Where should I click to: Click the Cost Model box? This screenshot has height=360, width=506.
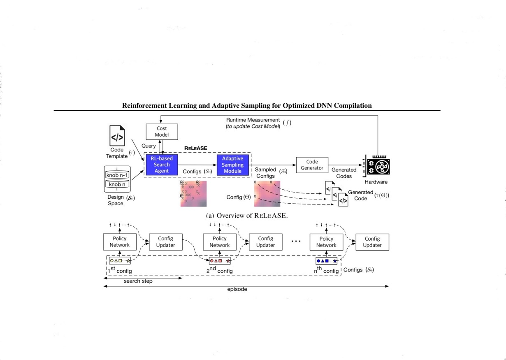tap(162, 132)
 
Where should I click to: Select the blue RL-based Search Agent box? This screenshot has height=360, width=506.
tap(162, 165)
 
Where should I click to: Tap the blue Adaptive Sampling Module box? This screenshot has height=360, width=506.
tap(232, 165)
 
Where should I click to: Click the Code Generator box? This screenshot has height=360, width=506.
tap(312, 165)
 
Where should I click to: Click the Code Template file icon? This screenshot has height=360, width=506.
tap(117, 135)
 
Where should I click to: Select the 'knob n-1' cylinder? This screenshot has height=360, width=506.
tap(117, 175)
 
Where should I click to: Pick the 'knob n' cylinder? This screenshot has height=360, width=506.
tap(117, 184)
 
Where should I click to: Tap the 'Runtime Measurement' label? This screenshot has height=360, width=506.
tap(253, 120)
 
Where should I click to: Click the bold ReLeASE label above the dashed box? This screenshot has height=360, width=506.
tap(195, 148)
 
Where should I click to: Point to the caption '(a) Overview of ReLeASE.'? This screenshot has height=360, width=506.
tap(247, 215)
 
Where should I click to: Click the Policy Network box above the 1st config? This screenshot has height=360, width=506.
tap(119, 242)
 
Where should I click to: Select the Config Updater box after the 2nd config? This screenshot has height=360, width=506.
tap(265, 242)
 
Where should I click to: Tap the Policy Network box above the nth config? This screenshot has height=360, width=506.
tap(326, 242)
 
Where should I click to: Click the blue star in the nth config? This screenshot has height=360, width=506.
tap(334, 261)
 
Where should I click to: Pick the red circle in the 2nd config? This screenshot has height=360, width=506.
tap(212, 261)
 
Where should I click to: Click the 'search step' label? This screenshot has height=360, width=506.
tap(138, 281)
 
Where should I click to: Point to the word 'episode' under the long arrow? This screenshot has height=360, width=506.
tap(237, 289)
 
